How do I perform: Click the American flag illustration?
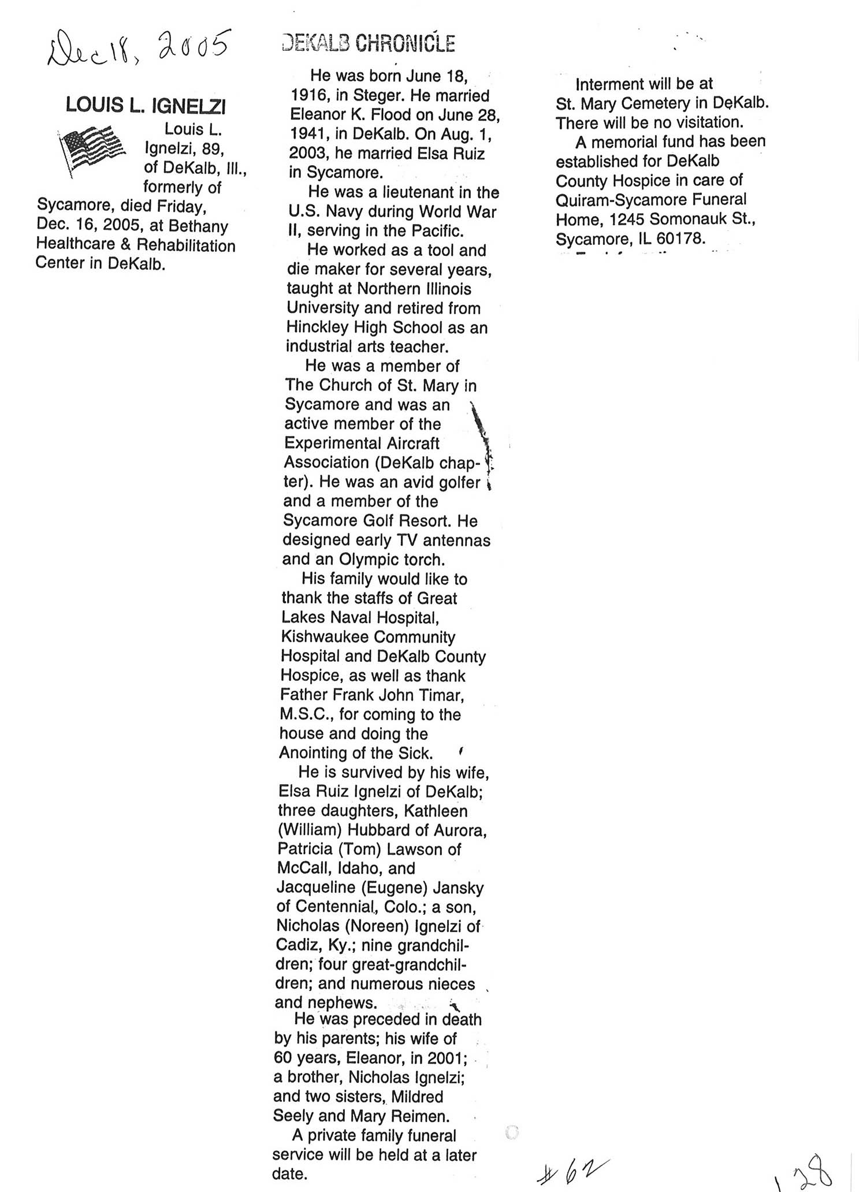tap(92, 150)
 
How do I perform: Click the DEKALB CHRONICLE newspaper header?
tap(369, 43)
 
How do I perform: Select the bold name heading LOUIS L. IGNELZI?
tap(146, 106)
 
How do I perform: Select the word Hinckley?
tap(315, 327)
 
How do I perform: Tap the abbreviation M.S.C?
tap(304, 714)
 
